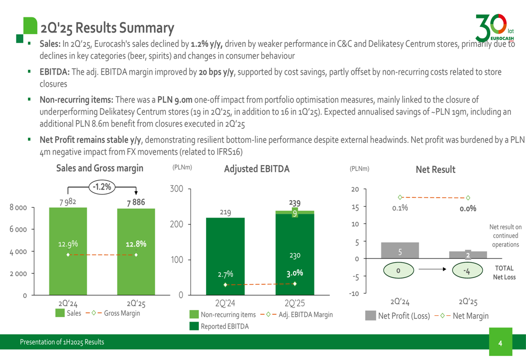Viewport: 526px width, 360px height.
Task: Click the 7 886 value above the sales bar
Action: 135,202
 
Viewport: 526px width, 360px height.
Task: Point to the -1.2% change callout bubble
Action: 102,186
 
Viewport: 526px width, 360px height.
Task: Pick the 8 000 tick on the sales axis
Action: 17,208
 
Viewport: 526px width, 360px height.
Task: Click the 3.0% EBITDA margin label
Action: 295,273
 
